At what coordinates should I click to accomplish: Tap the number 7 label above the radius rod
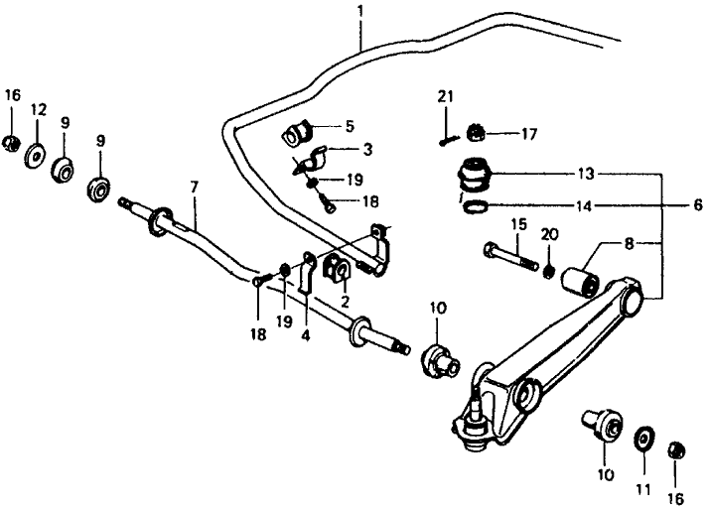pos(194,187)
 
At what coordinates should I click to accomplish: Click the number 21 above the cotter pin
pos(446,96)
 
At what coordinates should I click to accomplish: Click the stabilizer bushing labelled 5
pos(299,130)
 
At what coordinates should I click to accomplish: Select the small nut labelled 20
pos(548,270)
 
